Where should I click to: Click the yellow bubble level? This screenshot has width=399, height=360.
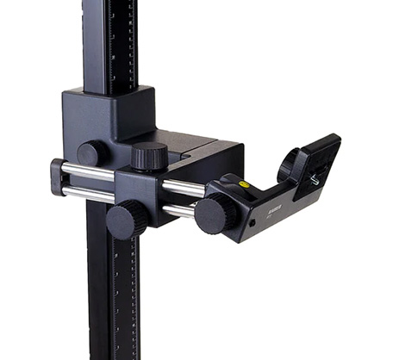point(244,183)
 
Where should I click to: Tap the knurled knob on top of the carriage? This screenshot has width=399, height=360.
point(149,157)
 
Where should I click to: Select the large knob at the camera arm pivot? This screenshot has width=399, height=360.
point(215,214)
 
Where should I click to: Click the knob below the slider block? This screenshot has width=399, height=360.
point(127,219)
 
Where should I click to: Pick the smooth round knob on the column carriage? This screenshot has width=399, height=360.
point(90,153)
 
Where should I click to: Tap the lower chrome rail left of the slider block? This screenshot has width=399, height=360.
point(86,192)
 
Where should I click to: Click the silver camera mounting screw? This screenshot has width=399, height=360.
point(315,180)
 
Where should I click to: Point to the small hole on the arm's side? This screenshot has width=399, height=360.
point(252,221)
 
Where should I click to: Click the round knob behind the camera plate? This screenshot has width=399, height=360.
point(289,162)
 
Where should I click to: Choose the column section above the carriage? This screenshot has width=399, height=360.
point(109,43)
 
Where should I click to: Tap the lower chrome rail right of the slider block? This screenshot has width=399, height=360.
point(179,209)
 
